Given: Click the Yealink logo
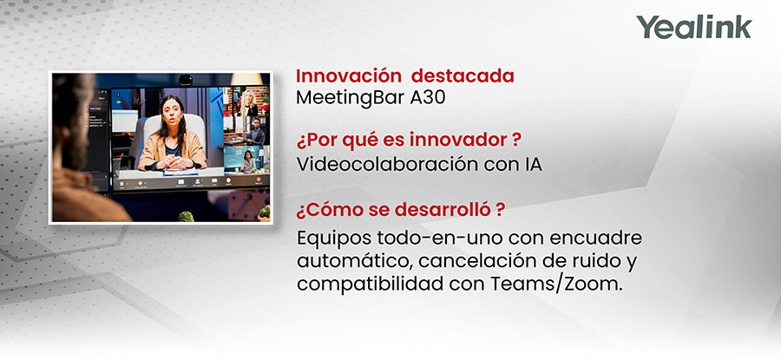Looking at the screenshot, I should [x=693, y=27].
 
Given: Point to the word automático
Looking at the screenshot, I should [x=344, y=261].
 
